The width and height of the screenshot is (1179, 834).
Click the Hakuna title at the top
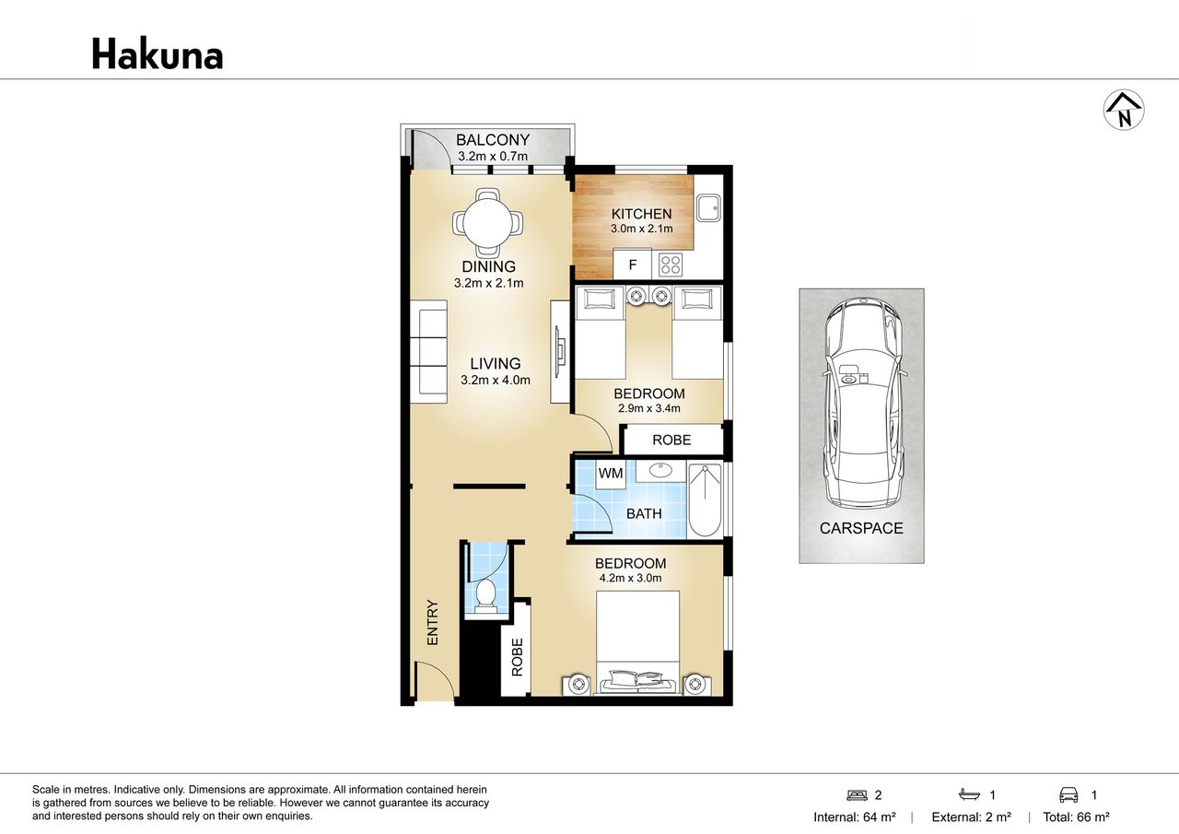(158, 54)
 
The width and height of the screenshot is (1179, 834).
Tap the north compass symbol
(1124, 110)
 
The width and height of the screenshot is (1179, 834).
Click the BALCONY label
(493, 140)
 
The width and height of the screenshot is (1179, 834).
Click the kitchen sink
(708, 207)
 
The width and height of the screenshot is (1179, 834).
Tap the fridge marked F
(633, 264)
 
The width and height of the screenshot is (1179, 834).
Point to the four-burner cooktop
(671, 264)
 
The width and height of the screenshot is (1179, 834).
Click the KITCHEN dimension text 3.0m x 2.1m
(642, 229)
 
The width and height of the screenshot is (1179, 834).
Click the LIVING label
(496, 364)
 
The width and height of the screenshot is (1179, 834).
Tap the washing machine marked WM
(611, 474)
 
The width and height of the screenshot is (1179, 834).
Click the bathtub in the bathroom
(705, 500)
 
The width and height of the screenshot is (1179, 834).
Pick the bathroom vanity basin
(660, 471)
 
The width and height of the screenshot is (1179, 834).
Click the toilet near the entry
(485, 597)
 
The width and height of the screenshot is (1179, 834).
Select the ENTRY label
(432, 622)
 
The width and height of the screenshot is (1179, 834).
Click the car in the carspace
(861, 403)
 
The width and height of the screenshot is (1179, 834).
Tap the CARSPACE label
(861, 528)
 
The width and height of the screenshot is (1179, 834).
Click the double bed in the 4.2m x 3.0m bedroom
(637, 642)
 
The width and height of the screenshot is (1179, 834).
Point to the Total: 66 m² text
(1077, 817)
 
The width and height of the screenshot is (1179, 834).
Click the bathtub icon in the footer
(970, 795)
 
